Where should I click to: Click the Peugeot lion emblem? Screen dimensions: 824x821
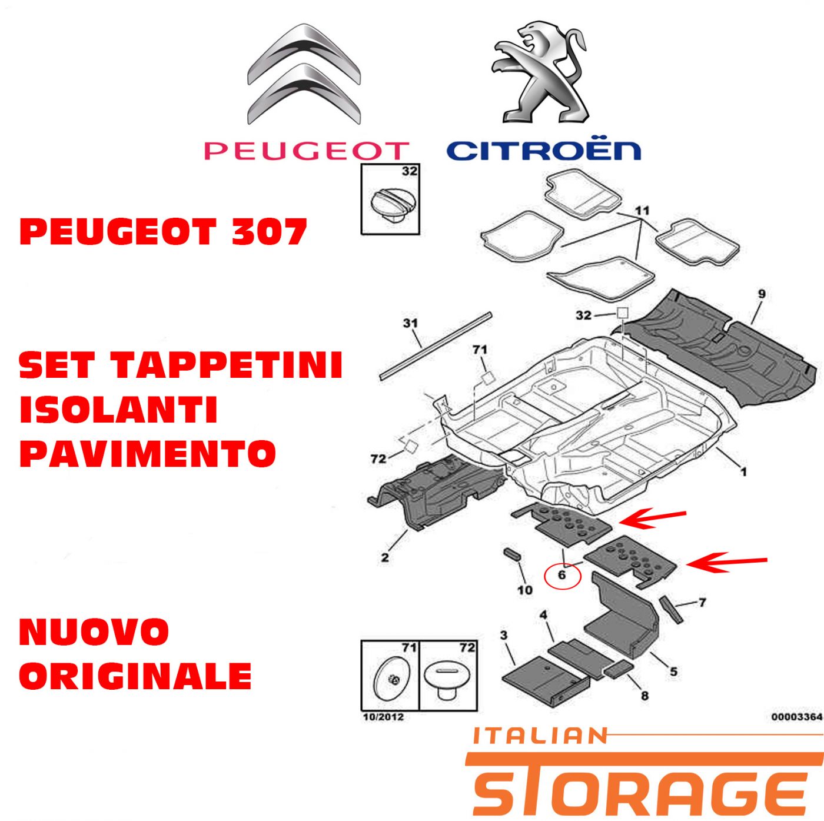point(540,73)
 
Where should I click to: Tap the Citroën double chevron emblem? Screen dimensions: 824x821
point(304,74)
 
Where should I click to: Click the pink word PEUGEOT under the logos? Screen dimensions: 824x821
point(307,151)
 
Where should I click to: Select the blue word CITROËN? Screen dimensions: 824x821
point(543,151)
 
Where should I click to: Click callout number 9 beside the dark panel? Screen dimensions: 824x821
point(762,294)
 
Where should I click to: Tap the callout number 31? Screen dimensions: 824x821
point(410,323)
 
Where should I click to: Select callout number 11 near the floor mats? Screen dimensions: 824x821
point(642,211)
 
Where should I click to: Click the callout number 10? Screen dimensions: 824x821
point(525,590)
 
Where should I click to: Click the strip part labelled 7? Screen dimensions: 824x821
point(671,609)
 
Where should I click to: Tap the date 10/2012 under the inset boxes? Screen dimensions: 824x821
point(383,717)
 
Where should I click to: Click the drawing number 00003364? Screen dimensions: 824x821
point(797,717)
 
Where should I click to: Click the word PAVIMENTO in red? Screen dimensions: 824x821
point(148,453)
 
